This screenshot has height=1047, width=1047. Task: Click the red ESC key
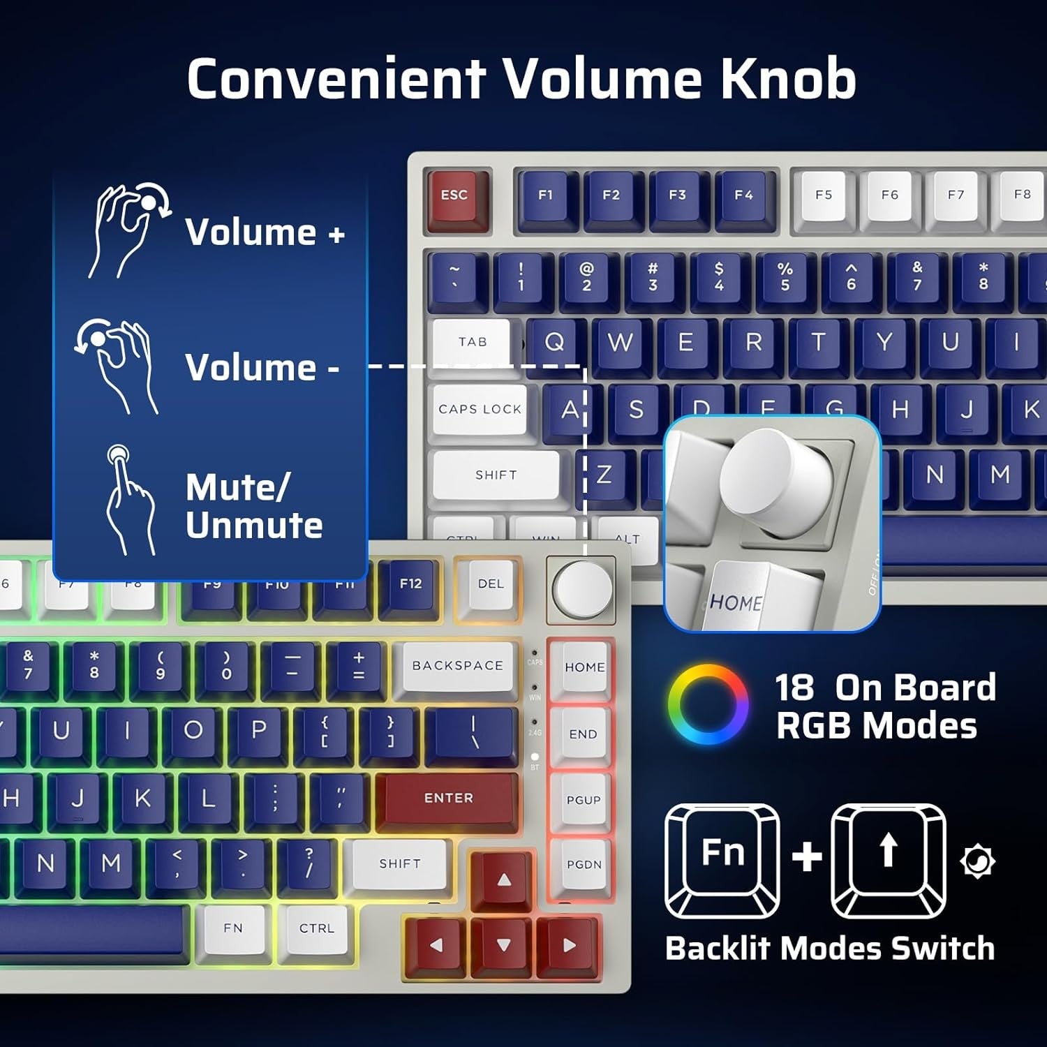454,198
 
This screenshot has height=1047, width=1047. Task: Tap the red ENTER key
448,799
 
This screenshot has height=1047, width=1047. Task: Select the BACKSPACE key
458,666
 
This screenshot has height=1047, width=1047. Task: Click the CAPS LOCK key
480,409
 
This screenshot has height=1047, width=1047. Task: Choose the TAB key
473,342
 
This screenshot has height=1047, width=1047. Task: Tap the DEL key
490,585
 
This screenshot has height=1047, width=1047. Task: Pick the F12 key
410,585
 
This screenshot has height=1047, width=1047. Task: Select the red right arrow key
569,946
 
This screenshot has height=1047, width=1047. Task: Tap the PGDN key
584,865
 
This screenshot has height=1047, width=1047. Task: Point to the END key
583,734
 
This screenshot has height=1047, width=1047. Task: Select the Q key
555,342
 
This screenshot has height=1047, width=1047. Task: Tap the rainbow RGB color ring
708,704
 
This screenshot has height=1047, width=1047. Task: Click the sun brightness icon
977,861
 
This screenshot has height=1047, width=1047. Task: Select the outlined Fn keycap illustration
722,860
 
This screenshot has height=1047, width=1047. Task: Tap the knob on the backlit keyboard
582,588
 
